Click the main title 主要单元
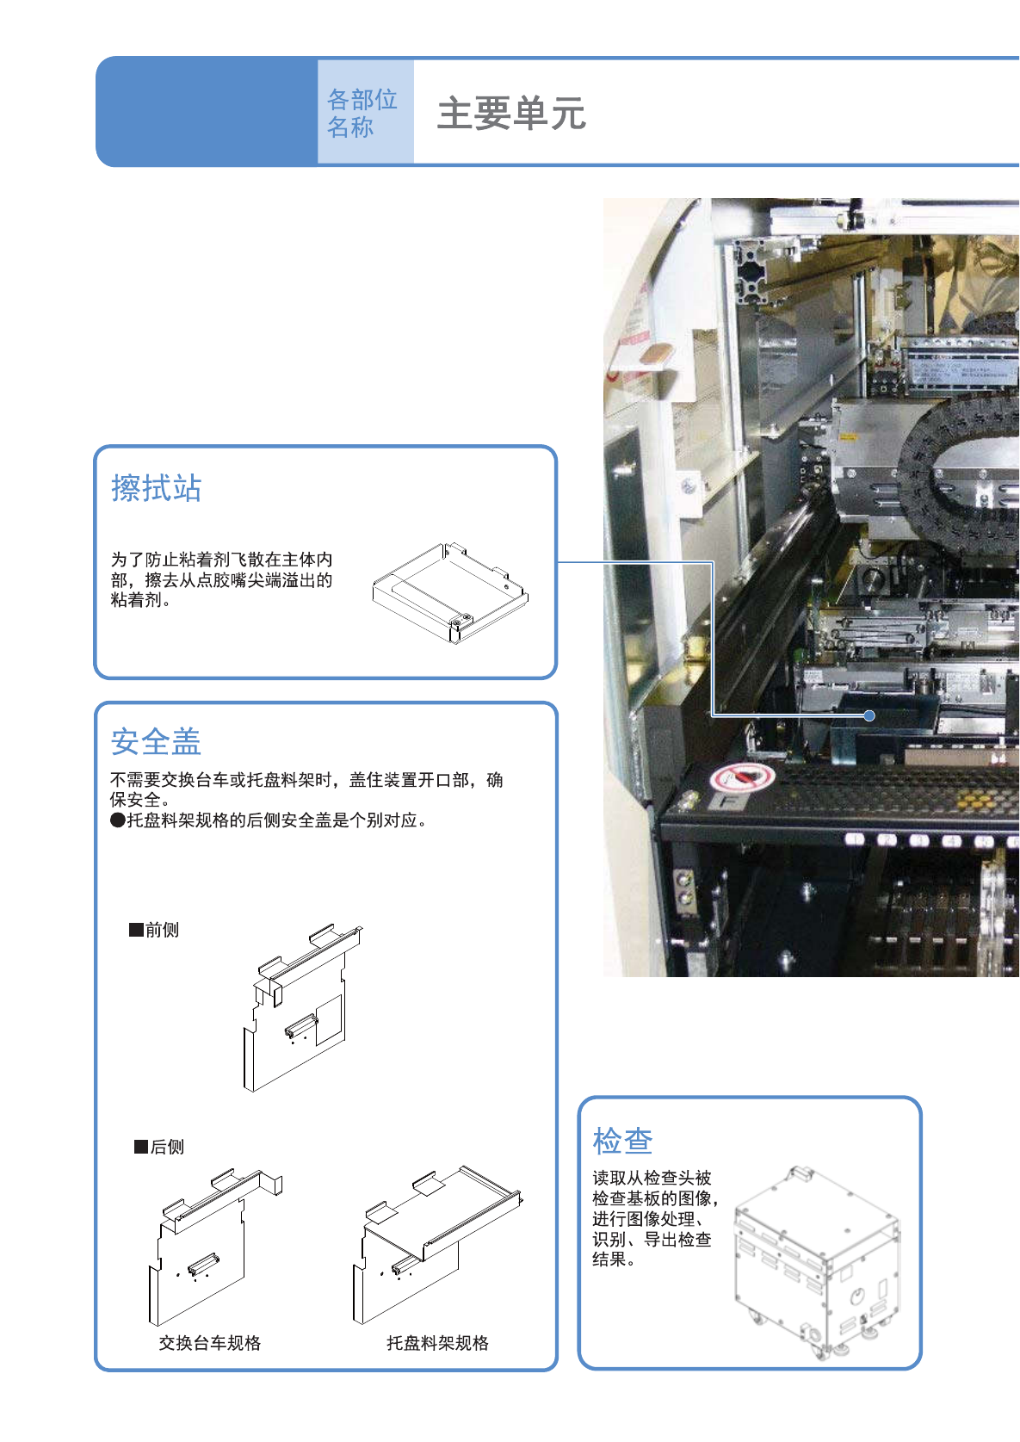click(511, 114)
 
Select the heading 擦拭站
click(156, 488)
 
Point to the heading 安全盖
click(156, 741)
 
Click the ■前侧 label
click(154, 930)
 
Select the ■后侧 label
click(159, 1147)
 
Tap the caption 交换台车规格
click(209, 1343)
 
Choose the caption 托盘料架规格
click(437, 1343)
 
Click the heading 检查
click(622, 1141)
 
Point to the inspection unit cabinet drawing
click(816, 1261)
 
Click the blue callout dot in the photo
click(869, 715)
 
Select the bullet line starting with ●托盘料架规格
click(269, 820)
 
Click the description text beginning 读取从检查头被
click(653, 1218)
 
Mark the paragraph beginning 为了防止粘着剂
click(221, 580)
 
